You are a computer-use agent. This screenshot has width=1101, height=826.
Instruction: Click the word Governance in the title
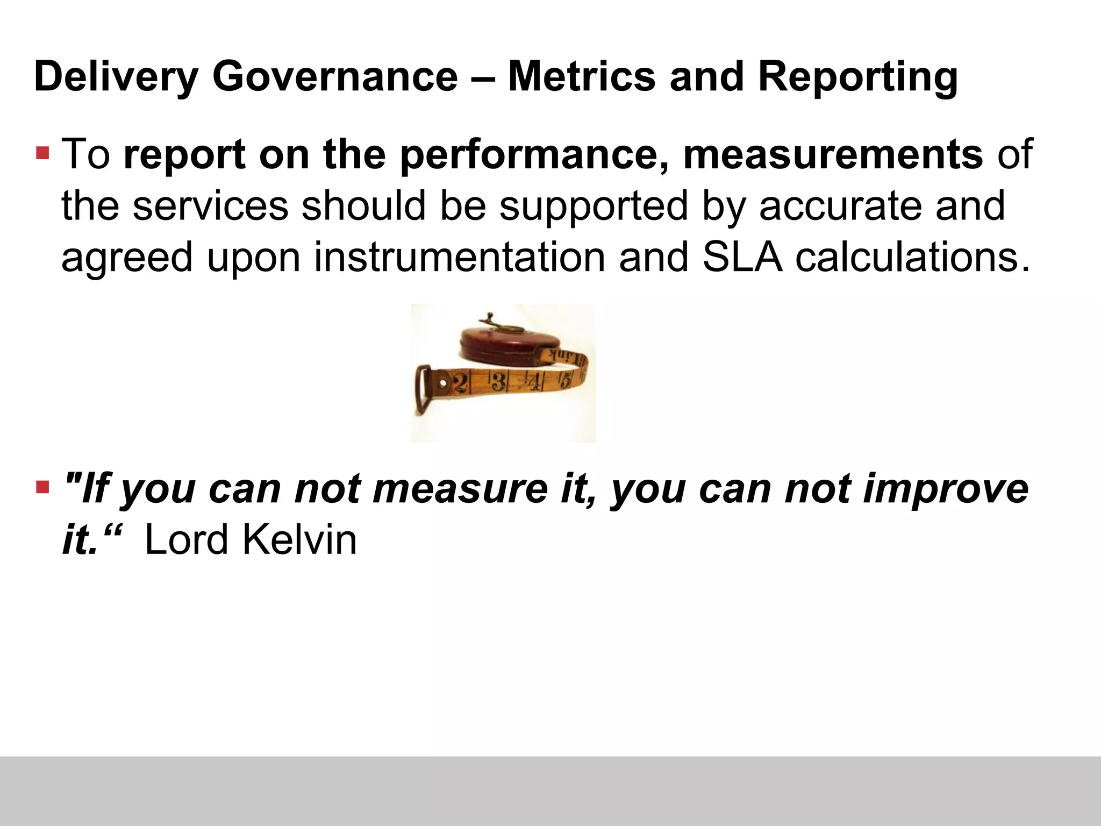click(334, 77)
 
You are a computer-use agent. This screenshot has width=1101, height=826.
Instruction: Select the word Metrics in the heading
click(581, 77)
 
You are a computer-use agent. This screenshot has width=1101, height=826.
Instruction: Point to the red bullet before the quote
click(42, 488)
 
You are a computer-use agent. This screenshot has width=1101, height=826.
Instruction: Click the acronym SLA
click(741, 257)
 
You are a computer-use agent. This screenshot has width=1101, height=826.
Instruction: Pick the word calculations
click(912, 257)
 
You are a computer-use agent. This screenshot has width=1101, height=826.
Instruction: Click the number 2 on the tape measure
click(461, 383)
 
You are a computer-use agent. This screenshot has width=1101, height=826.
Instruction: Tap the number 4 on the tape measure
click(534, 381)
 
